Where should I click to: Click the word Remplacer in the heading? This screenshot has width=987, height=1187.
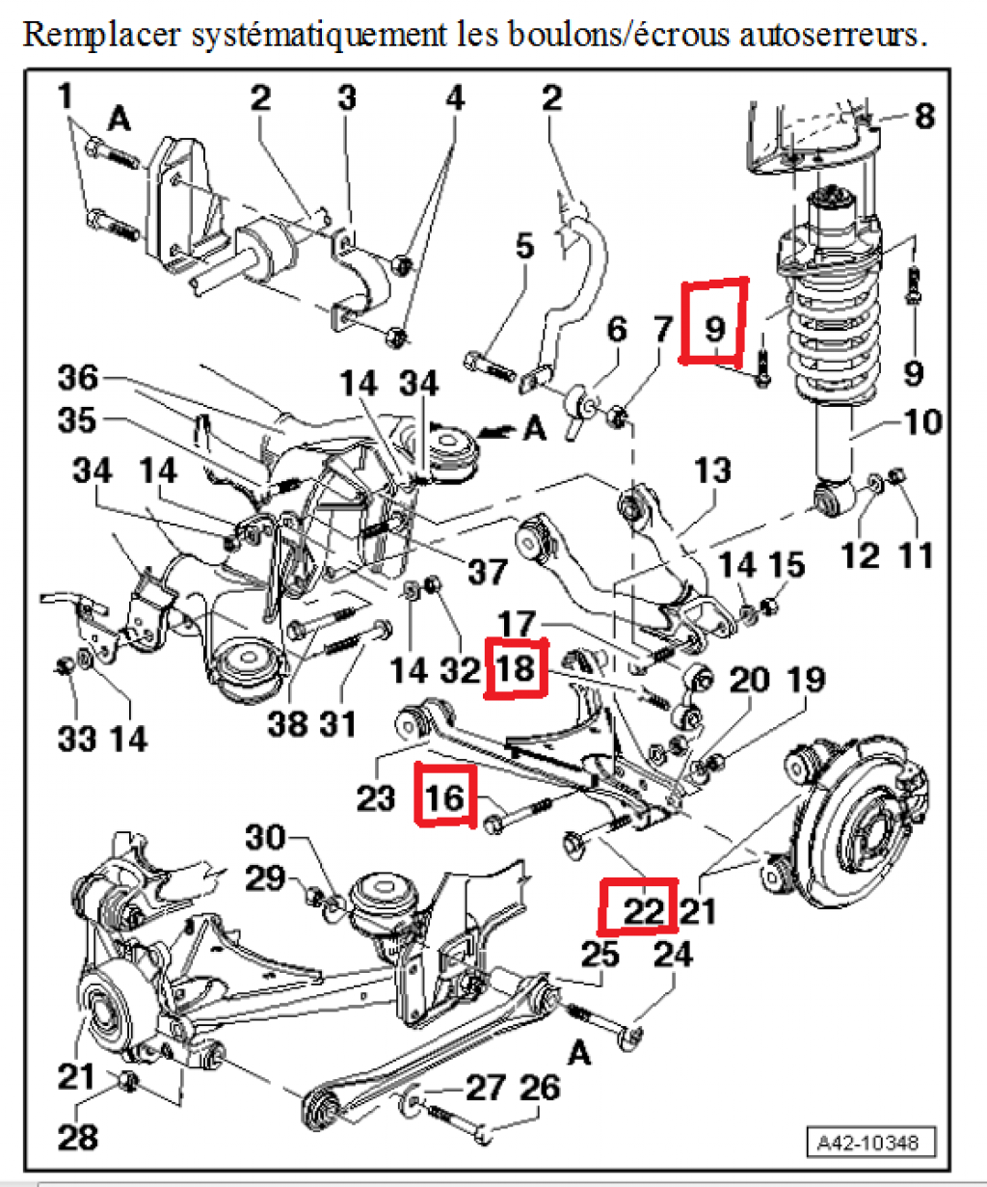pyautogui.click(x=101, y=35)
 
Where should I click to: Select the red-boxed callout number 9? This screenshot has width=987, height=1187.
pyautogui.click(x=714, y=329)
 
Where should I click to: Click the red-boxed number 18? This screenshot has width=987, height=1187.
pyautogui.click(x=516, y=667)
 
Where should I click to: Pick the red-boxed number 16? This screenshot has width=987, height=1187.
pyautogui.click(x=444, y=796)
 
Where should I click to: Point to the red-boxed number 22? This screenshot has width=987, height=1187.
pyautogui.click(x=641, y=909)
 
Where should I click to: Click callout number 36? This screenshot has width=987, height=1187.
pyautogui.click(x=77, y=377)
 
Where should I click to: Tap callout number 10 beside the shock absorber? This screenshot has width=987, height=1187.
pyautogui.click(x=921, y=421)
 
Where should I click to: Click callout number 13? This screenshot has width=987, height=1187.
pyautogui.click(x=713, y=472)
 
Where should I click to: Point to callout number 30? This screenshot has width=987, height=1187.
pyautogui.click(x=266, y=836)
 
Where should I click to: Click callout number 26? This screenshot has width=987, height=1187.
pyautogui.click(x=540, y=1087)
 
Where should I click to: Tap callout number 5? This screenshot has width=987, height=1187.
pyautogui.click(x=523, y=246)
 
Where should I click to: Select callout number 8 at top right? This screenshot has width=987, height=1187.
pyautogui.click(x=924, y=117)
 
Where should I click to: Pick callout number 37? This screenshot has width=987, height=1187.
pyautogui.click(x=487, y=571)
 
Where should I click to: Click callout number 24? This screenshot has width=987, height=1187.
pyautogui.click(x=673, y=954)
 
